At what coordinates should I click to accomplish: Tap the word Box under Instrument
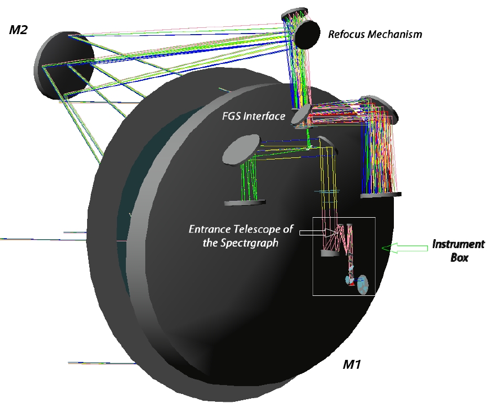click(x=459, y=258)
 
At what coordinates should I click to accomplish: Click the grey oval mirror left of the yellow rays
click(x=241, y=148)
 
